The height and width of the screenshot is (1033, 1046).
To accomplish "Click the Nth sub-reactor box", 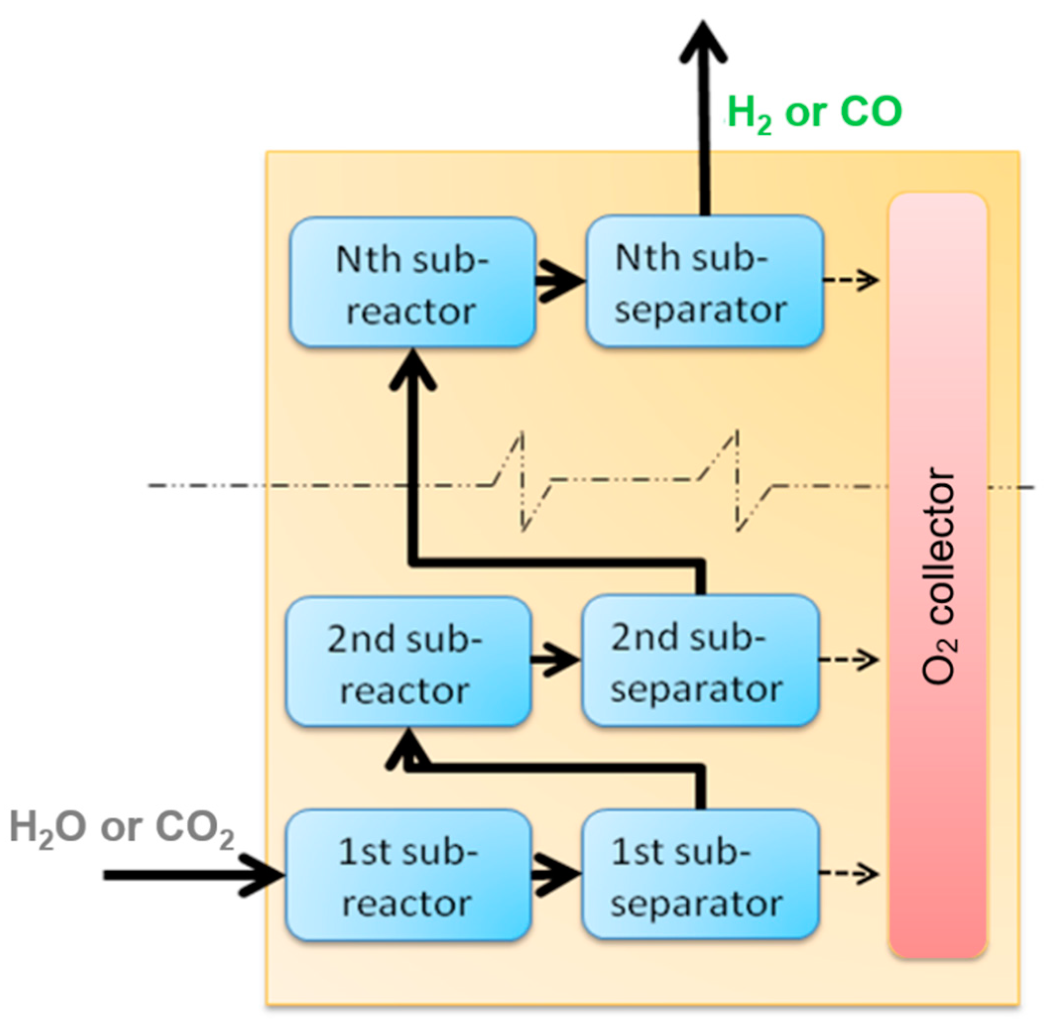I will (x=412, y=282).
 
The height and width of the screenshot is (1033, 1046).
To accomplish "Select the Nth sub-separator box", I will (x=704, y=281).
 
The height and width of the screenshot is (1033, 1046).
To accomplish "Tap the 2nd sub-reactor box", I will (x=407, y=662).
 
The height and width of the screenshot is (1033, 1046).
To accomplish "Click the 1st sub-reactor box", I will (x=407, y=875).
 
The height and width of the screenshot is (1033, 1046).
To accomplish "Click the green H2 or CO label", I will (x=814, y=113).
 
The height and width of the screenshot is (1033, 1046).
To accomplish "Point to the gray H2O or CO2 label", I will (x=122, y=828).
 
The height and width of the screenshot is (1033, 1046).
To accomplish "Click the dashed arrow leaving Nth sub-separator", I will (x=850, y=280).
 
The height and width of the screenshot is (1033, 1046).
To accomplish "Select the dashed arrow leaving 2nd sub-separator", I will (x=848, y=659).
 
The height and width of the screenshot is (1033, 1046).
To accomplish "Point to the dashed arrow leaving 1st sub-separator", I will (x=848, y=873).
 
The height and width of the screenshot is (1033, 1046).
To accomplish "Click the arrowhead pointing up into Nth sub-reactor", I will (x=412, y=371).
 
